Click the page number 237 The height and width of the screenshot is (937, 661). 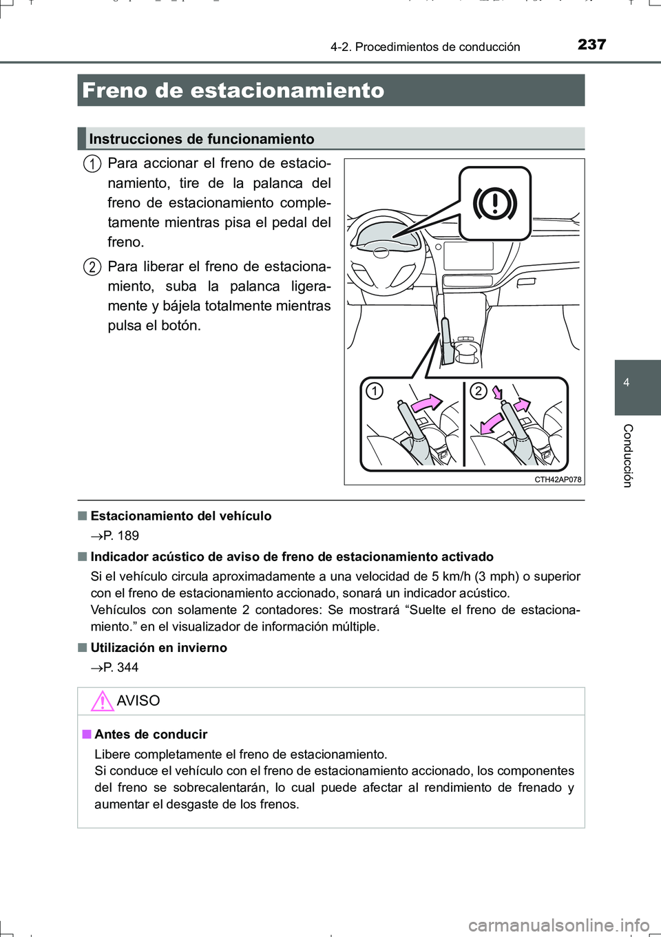pos(591,45)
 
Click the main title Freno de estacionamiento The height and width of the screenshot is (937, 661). pos(233,91)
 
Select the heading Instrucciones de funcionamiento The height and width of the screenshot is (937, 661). pos(202,139)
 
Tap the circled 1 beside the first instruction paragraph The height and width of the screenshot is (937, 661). pos(92,164)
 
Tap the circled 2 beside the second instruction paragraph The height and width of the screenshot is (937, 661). pos(92,267)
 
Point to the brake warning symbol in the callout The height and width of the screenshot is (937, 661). pos(494,203)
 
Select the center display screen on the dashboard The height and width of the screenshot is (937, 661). pos(468,256)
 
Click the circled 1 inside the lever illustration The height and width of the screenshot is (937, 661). pos(374,392)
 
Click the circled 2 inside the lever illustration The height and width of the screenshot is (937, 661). pos(478,392)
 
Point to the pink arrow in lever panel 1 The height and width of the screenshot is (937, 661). pos(426,403)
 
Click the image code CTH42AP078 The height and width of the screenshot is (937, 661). pos(558,480)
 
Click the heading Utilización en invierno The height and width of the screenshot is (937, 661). pos(158,648)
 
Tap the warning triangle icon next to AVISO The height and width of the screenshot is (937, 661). pos(102,701)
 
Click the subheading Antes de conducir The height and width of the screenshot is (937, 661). pos(151,735)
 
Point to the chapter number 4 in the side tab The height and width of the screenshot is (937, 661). pos(627,383)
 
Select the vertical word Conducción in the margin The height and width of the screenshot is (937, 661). pos(627,456)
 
